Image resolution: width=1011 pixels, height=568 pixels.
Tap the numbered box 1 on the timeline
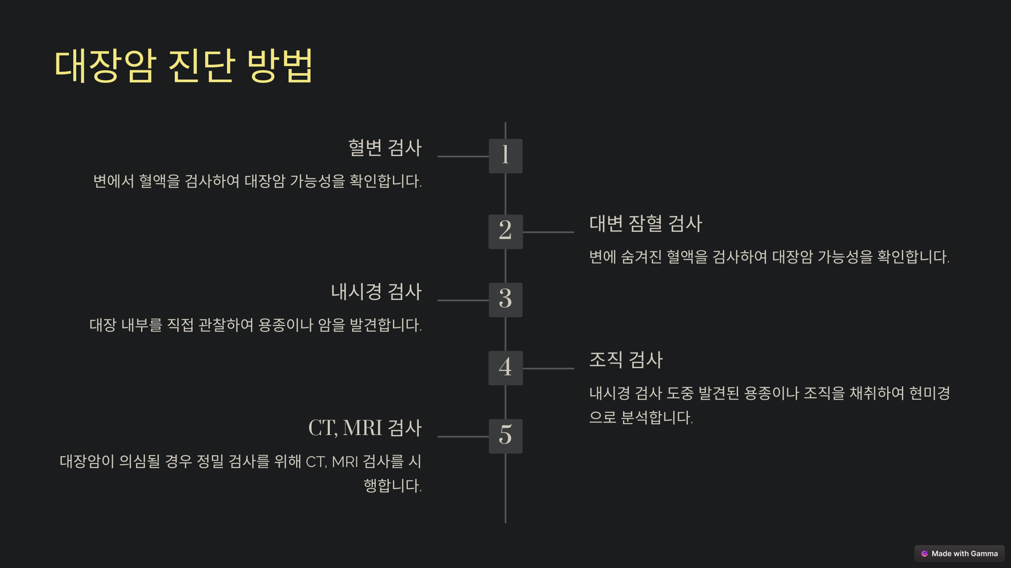pyautogui.click(x=505, y=156)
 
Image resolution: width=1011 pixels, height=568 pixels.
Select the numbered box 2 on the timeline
pyautogui.click(x=505, y=232)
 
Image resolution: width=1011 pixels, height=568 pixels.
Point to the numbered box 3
pyautogui.click(x=505, y=300)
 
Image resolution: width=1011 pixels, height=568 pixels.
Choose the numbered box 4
pyautogui.click(x=505, y=368)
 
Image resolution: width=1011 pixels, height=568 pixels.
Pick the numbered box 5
pyautogui.click(x=505, y=436)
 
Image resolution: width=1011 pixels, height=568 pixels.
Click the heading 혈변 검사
pyautogui.click(x=385, y=148)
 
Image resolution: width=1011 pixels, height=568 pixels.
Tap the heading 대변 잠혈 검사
pyautogui.click(x=645, y=223)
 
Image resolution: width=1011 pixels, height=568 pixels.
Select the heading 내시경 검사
pyautogui.click(x=376, y=292)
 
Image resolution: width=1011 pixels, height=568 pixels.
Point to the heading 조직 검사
pyautogui.click(x=626, y=360)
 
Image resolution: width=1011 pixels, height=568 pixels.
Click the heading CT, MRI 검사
pyautogui.click(x=365, y=428)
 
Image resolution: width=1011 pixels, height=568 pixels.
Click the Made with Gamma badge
pyautogui.click(x=959, y=554)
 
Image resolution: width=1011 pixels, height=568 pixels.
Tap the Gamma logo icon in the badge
pyautogui.click(x=924, y=554)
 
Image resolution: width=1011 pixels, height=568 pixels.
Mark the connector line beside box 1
pyautogui.click(x=463, y=157)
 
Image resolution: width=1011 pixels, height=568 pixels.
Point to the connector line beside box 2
pyautogui.click(x=548, y=232)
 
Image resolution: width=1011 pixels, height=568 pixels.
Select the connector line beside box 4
pyautogui.click(x=548, y=369)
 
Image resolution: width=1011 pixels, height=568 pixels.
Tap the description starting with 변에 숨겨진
pyautogui.click(x=769, y=257)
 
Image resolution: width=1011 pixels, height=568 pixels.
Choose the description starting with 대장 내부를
pyautogui.click(x=255, y=325)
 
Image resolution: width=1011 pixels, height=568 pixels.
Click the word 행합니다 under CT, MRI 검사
pyautogui.click(x=392, y=486)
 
